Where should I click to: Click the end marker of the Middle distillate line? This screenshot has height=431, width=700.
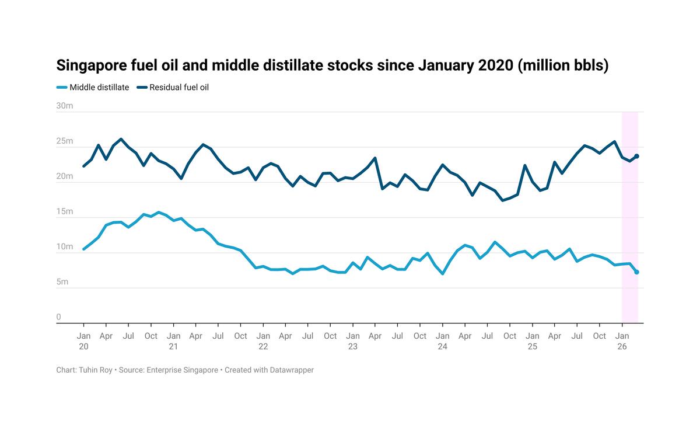[636, 272]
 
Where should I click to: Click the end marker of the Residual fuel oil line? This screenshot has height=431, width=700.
[636, 156]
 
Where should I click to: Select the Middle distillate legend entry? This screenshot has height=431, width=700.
[93, 88]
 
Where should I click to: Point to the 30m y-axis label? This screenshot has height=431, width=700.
[64, 106]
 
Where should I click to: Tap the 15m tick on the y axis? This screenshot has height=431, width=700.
[64, 211]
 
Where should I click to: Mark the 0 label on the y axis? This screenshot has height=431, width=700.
[58, 317]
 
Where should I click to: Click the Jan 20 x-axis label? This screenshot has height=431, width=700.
[83, 341]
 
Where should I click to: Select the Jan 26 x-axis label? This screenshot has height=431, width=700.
[622, 341]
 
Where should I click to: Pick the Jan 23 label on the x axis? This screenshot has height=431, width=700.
[352, 341]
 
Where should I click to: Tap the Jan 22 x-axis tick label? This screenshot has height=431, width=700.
[263, 341]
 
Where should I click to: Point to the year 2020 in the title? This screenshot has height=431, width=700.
[495, 65]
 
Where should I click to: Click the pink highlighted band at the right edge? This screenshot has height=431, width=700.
[629, 234]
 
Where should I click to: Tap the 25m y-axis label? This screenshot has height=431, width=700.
[64, 141]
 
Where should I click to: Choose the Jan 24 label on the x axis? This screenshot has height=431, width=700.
[442, 341]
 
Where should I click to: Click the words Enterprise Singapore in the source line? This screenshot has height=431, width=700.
[182, 370]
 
